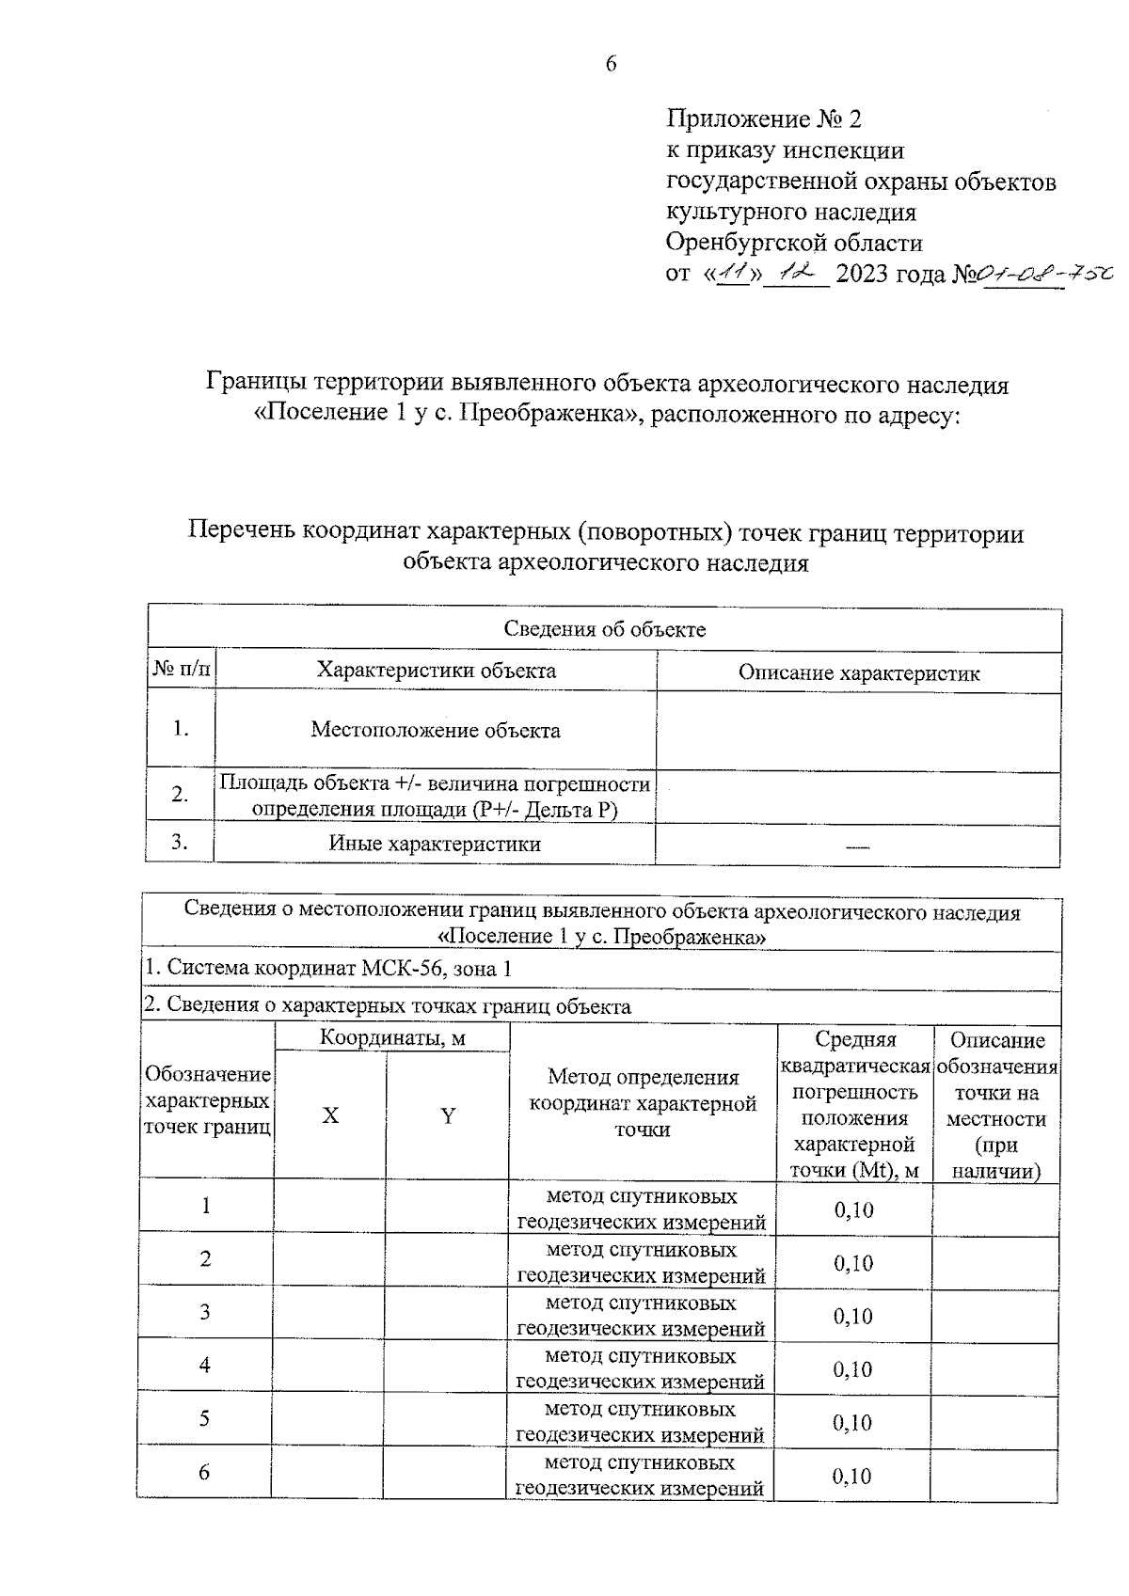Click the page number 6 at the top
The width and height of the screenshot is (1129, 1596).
(x=610, y=63)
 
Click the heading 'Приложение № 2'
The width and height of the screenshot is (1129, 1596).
(x=763, y=119)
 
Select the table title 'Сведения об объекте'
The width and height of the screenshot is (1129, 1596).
(x=604, y=629)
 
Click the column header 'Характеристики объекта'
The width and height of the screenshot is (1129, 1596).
(x=436, y=671)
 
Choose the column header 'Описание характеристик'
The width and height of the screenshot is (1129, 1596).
(x=858, y=673)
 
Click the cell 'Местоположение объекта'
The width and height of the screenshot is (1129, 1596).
(x=436, y=730)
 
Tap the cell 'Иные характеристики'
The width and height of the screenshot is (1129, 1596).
(x=435, y=844)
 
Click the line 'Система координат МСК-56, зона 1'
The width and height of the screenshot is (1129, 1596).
(x=327, y=969)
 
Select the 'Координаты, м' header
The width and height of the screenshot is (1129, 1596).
(x=392, y=1038)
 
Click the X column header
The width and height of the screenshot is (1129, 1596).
(x=330, y=1115)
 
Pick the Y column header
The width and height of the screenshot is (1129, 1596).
(x=448, y=1115)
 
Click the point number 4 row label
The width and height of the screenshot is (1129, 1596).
(x=205, y=1365)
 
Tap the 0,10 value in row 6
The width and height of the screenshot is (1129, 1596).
(x=852, y=1476)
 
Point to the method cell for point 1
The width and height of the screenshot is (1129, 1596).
(x=643, y=1209)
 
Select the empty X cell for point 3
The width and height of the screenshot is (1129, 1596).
(x=328, y=1313)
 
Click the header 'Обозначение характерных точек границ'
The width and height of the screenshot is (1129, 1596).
(x=207, y=1100)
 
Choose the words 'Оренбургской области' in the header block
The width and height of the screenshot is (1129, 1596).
(x=794, y=243)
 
